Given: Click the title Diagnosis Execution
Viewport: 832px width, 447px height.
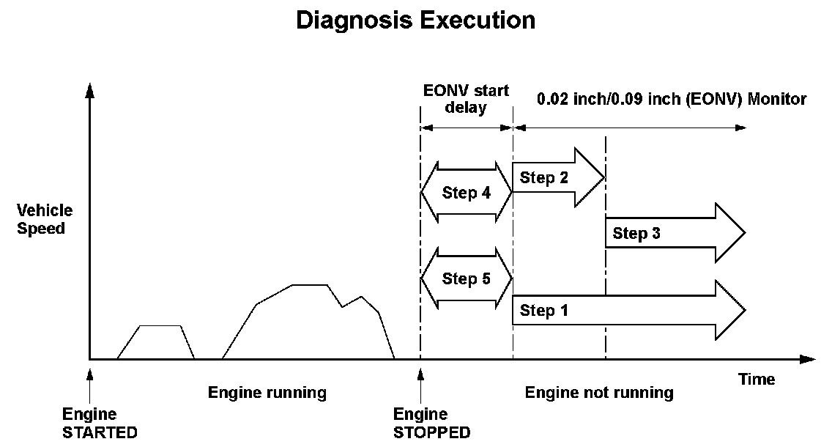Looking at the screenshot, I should (415, 20).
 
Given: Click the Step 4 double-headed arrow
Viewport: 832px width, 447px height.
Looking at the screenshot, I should (466, 192).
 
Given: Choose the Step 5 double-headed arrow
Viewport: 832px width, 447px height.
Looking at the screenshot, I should (466, 278).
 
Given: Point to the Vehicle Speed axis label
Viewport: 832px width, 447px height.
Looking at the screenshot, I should (45, 219).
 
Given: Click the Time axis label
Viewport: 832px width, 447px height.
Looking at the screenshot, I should (757, 379).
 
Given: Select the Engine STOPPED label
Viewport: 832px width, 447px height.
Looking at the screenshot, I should (431, 423).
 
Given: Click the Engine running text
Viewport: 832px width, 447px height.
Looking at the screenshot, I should (267, 393).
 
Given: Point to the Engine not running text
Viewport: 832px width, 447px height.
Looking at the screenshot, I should (599, 393).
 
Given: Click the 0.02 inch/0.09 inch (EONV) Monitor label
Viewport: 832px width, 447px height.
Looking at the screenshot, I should (672, 98).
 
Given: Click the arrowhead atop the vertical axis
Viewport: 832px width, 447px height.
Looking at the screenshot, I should (89, 91).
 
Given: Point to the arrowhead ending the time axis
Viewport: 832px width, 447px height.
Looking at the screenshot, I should (807, 359).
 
